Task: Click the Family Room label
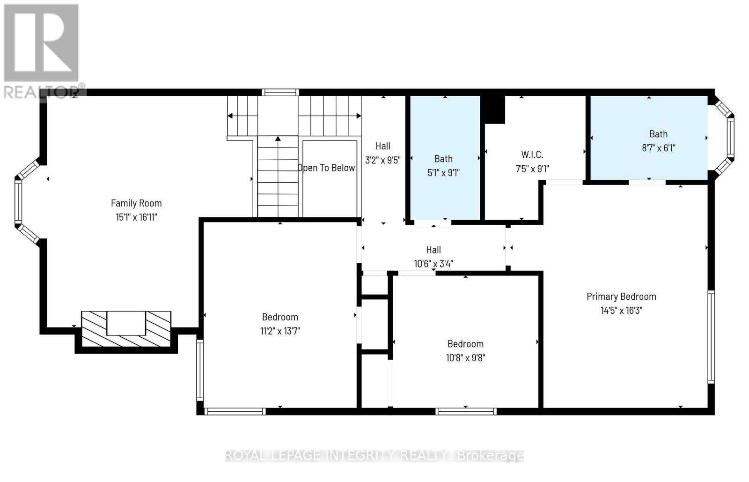click(136, 203)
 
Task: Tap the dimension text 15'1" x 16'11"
click(136, 217)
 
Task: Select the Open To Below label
click(327, 168)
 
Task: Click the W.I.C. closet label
click(532, 155)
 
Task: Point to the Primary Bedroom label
click(621, 296)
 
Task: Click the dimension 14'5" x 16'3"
click(621, 310)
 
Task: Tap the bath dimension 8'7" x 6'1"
click(658, 148)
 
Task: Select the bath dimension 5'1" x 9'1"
click(443, 172)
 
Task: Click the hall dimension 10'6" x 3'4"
click(433, 264)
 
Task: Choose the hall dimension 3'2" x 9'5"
click(382, 160)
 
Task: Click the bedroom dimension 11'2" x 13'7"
click(280, 331)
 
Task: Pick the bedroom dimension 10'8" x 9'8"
click(465, 358)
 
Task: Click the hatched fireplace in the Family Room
click(126, 329)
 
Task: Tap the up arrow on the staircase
click(278, 139)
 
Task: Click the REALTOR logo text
click(44, 91)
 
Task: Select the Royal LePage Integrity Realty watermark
click(374, 455)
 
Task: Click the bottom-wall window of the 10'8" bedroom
click(465, 411)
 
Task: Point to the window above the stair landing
click(280, 92)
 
